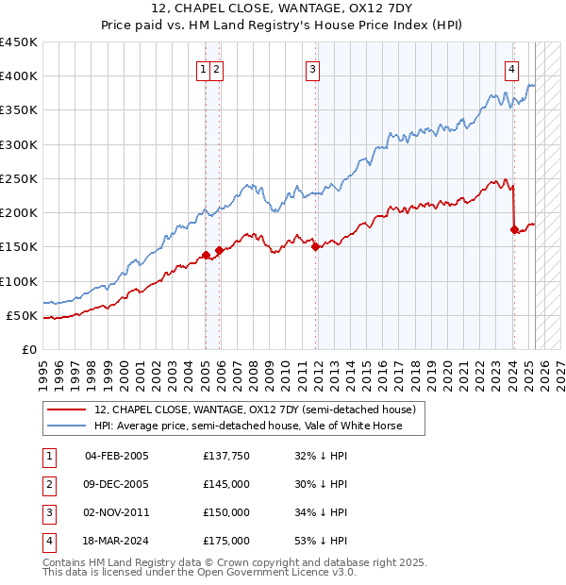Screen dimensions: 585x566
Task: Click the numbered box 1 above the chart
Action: coord(204,68)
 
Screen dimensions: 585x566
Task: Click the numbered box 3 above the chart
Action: coord(312,68)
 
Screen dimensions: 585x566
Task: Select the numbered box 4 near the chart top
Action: coord(510,68)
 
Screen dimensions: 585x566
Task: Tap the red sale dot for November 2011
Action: coord(316,247)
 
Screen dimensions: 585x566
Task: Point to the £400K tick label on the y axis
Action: coord(20,76)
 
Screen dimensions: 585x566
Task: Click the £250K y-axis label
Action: coord(20,178)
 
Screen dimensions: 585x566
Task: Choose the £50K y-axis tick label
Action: coord(24,315)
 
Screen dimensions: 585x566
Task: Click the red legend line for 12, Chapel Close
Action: coord(66,409)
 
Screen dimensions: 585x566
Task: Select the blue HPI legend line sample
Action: coord(66,426)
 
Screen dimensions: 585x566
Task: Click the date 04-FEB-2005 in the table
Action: coord(117,456)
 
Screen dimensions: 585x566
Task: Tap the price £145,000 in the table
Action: coord(225,484)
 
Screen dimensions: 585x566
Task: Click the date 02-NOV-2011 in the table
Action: coord(117,512)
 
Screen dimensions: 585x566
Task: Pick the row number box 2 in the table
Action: coord(47,484)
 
